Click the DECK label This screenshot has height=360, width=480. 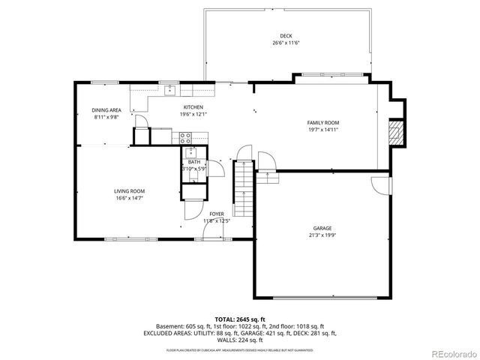tap(286, 36)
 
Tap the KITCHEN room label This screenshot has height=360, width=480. tap(193, 107)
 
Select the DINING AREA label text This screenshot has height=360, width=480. tap(106, 109)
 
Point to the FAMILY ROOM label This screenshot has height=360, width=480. tap(323, 122)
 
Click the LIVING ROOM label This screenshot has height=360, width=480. tap(129, 191)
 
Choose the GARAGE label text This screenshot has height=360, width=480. tap(322, 228)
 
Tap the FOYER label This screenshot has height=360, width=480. tap(216, 214)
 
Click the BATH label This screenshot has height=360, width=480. tap(194, 162)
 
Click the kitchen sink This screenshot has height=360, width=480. tap(170, 91)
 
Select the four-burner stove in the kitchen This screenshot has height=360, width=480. tap(185, 137)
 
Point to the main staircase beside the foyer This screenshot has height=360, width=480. tap(243, 188)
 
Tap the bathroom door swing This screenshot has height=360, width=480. tap(211, 168)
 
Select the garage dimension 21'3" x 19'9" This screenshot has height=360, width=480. tap(322, 235)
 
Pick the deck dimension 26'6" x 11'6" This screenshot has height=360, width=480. tap(286, 43)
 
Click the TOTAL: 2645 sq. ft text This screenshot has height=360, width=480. tap(240, 319)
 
